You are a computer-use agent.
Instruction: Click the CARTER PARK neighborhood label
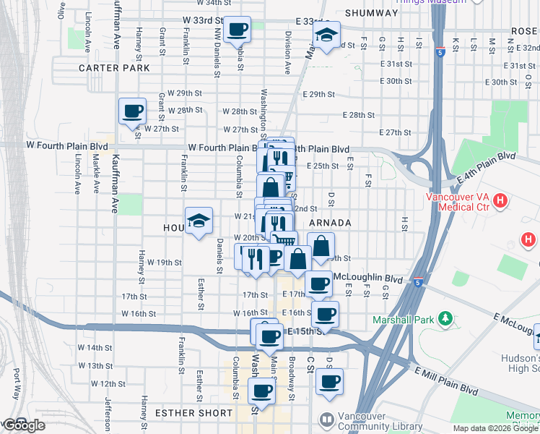tap(114, 68)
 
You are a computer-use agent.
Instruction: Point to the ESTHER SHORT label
tap(193, 414)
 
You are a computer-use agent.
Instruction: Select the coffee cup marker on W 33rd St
tap(238, 30)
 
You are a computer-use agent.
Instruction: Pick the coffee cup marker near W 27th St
tap(132, 111)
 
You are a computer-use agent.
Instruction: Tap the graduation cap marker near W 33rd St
tap(326, 34)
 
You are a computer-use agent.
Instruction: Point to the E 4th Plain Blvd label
tap(487, 168)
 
